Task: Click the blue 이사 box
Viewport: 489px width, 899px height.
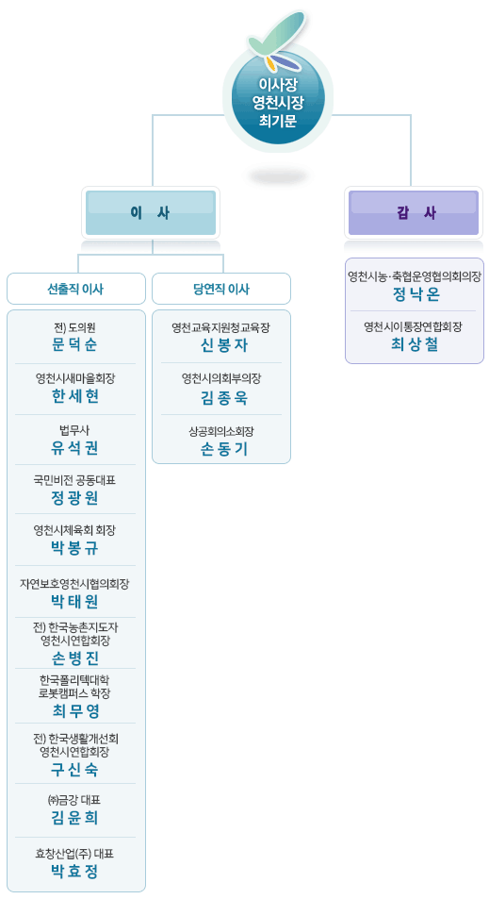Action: pos(151,212)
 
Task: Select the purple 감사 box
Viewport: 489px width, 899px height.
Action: pos(414,212)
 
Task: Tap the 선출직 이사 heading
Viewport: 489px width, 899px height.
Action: pos(75,289)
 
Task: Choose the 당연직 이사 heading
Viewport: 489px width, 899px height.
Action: pos(221,289)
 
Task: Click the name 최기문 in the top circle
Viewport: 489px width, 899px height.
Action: pos(278,121)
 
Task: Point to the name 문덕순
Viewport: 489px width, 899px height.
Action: pos(74,344)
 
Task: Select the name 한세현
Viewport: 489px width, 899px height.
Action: pos(74,396)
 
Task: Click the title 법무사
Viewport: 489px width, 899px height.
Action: pos(74,430)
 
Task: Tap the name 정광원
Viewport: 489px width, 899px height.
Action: pos(74,498)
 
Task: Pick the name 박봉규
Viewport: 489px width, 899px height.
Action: pos(74,548)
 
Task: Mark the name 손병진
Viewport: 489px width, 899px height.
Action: pos(74,658)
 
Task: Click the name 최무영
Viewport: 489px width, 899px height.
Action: pos(74,711)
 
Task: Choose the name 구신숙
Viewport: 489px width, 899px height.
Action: pos(74,770)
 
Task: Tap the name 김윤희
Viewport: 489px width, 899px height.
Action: pos(74,818)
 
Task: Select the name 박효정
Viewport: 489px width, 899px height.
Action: pos(74,872)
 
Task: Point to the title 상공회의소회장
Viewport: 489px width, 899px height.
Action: pos(221,431)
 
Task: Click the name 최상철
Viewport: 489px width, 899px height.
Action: pos(414,344)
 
